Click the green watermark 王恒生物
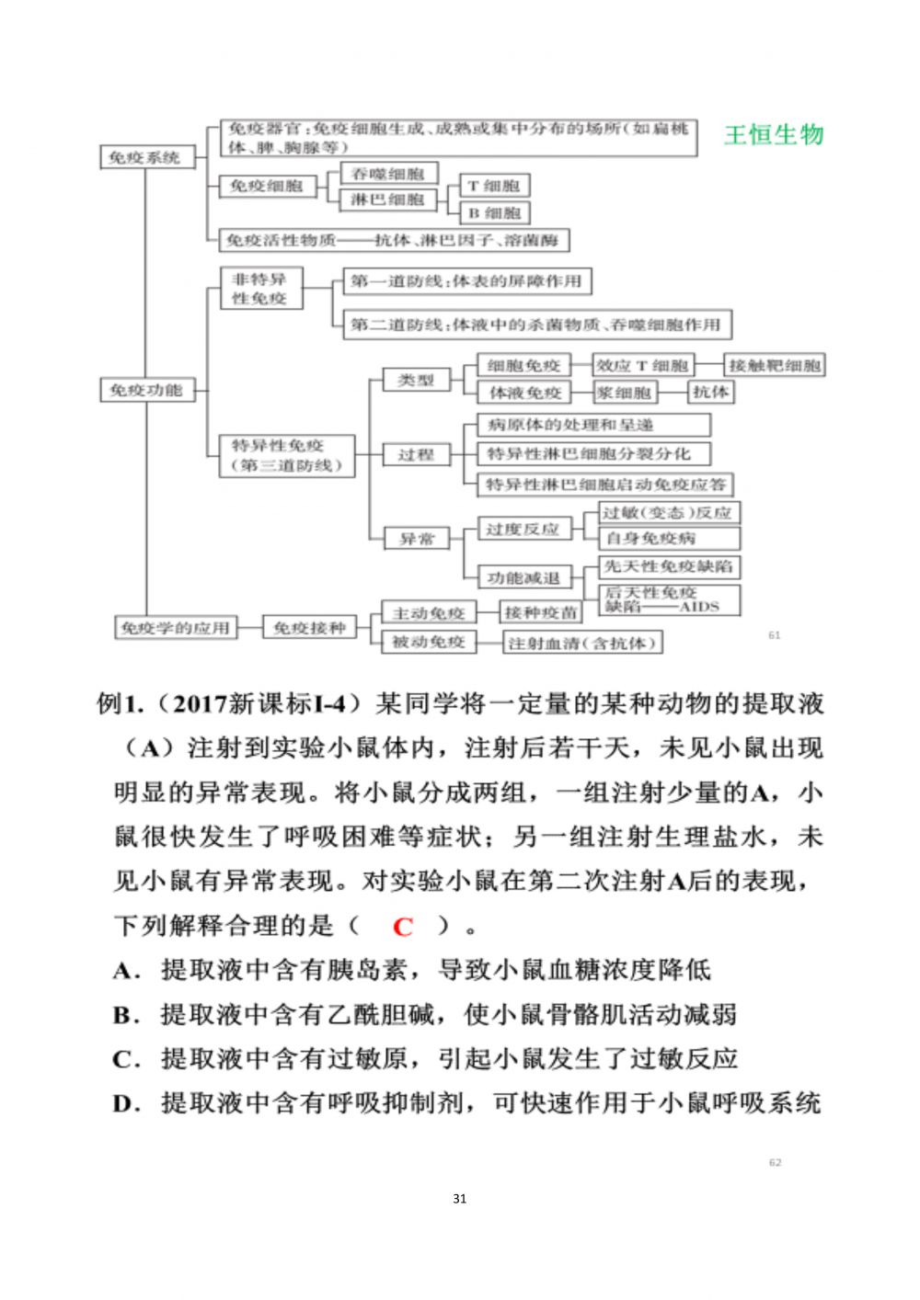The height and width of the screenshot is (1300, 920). [x=773, y=135]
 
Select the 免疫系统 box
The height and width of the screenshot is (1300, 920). [x=144, y=157]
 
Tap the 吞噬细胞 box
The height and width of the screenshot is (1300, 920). [x=387, y=173]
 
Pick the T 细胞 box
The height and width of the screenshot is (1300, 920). [x=494, y=186]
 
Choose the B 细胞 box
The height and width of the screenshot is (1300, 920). [x=494, y=213]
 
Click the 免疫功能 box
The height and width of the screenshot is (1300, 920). [x=145, y=390]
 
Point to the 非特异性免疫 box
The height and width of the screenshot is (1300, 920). [x=260, y=288]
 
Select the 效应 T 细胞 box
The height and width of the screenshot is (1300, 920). [x=641, y=365]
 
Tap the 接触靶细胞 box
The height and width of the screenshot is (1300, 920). [x=774, y=365]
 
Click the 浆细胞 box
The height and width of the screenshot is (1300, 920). [x=624, y=393]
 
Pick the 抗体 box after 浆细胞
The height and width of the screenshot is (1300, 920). [x=710, y=392]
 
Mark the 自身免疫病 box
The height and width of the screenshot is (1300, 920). [x=668, y=538]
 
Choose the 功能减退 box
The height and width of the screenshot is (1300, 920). [x=523, y=577]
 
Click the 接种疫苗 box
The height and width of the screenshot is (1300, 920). [x=540, y=613]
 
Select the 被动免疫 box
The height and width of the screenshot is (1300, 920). [x=429, y=642]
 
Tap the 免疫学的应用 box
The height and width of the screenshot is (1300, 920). [x=174, y=628]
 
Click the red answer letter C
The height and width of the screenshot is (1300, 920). [x=402, y=927]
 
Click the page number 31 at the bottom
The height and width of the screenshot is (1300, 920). [x=460, y=1199]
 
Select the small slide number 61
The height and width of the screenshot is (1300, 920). [x=774, y=635]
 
